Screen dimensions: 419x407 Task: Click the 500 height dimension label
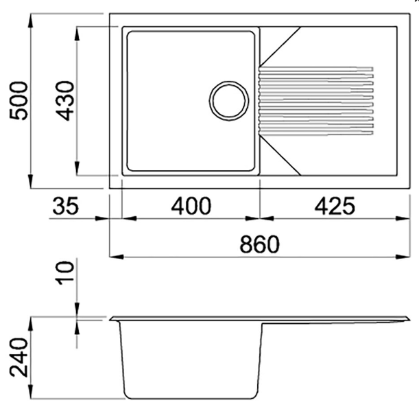[x=19, y=101]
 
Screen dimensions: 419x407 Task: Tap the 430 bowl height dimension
[x=64, y=101]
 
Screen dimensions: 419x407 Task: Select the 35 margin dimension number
[x=66, y=206]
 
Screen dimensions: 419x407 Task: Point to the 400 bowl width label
[x=191, y=206]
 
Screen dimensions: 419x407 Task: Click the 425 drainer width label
[x=335, y=206]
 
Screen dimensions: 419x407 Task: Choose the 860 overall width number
[x=259, y=244]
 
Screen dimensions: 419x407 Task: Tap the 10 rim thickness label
[x=64, y=272]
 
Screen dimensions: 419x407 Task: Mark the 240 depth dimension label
[x=19, y=358]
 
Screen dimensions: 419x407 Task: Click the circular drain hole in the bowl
[x=229, y=101]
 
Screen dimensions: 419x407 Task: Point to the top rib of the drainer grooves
[x=316, y=69]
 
